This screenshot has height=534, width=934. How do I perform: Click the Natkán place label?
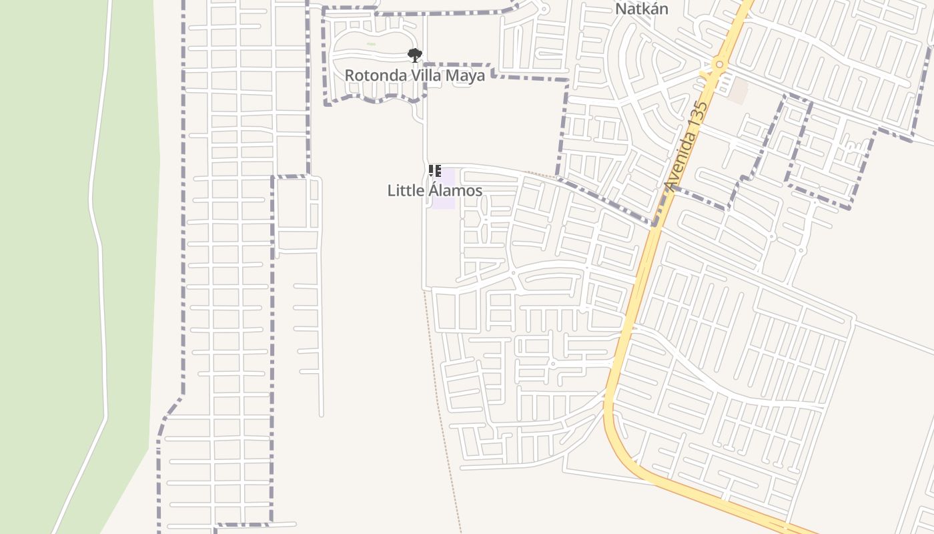640,9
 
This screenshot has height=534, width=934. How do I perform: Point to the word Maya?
466,75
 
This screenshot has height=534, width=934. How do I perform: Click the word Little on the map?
406,191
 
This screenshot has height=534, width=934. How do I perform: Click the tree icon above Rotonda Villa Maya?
415,55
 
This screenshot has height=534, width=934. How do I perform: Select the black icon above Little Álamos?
434,171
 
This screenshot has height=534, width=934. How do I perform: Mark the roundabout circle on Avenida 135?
719,65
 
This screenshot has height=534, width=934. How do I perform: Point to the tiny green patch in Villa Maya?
371,44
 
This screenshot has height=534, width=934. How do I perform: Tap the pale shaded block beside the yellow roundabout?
738,90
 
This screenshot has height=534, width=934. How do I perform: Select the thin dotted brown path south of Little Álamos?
443,400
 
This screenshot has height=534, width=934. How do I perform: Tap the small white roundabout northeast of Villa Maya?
544,9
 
